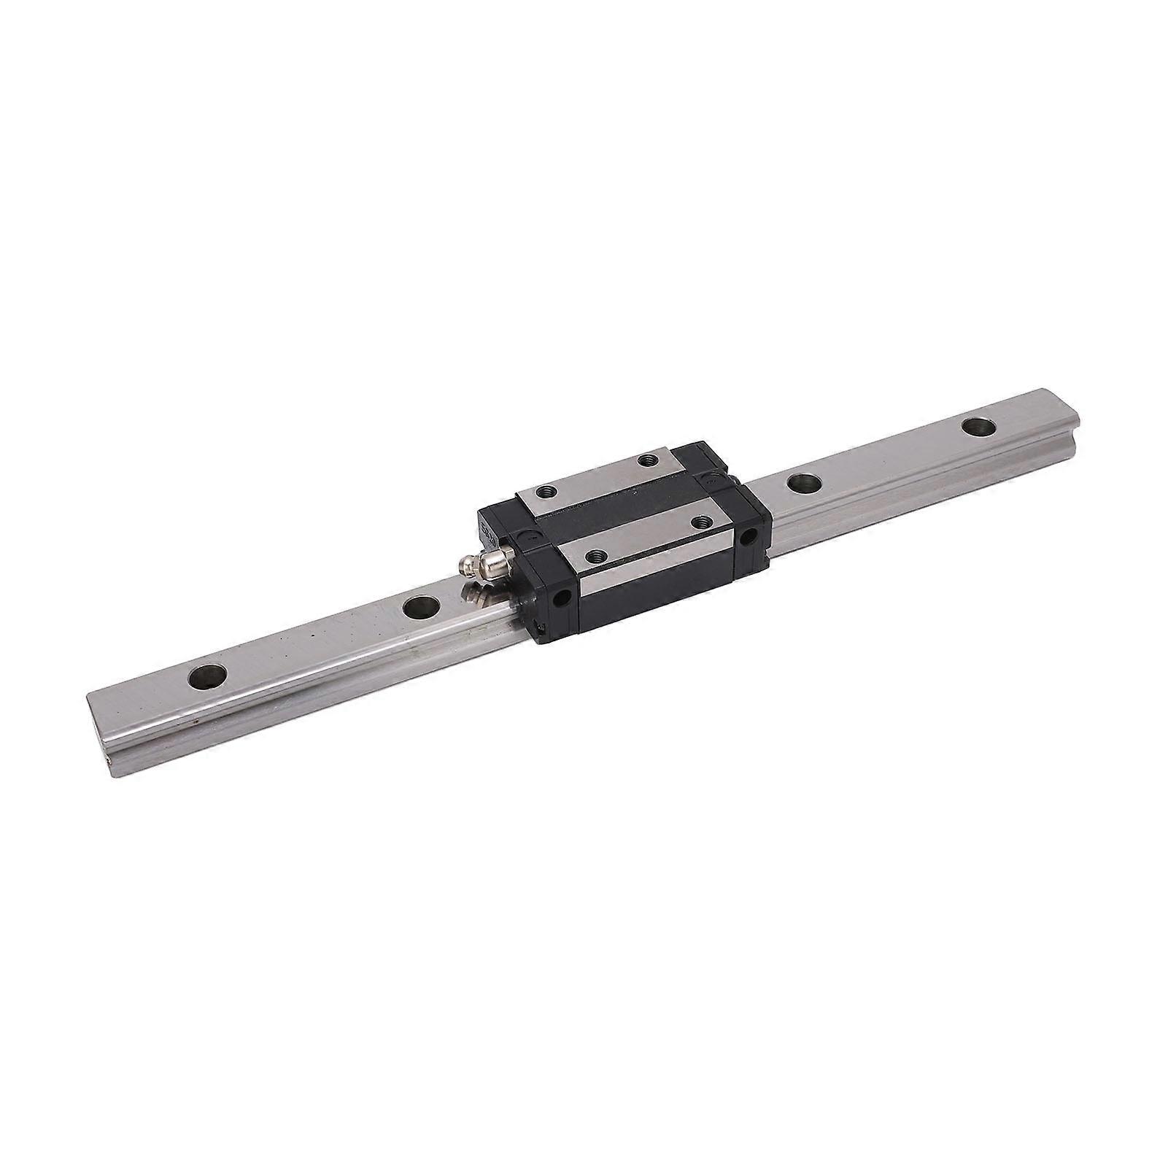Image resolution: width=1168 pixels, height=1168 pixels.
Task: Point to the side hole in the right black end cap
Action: (748, 536)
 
